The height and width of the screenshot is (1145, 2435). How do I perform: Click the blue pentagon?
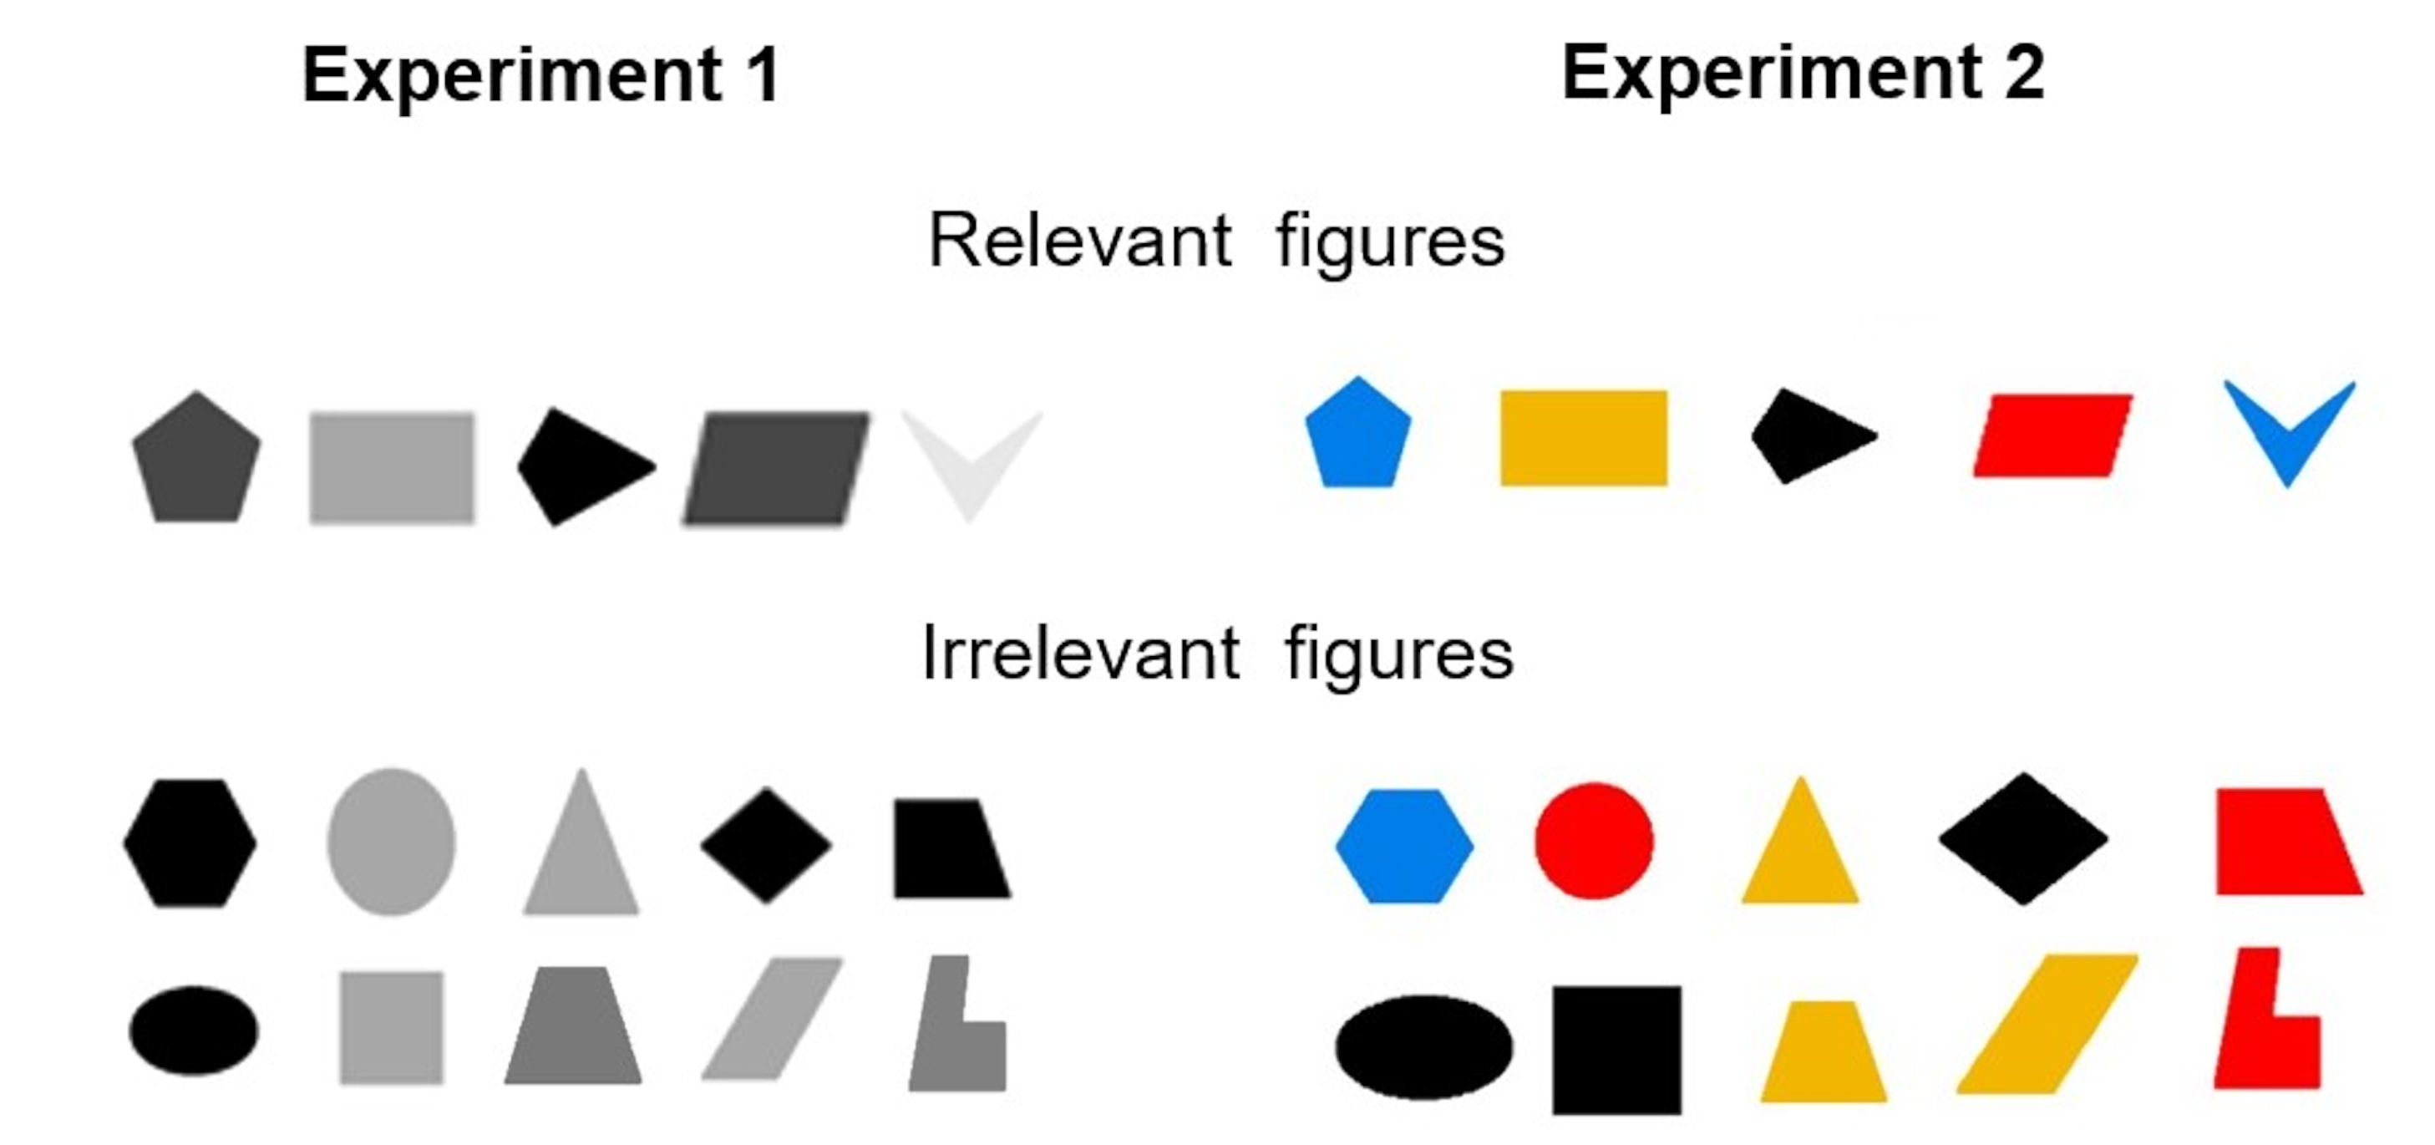1357,437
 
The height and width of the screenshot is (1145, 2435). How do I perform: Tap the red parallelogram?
2052,436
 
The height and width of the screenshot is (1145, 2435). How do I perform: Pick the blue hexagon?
1403,845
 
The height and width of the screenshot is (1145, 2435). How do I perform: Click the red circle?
1594,841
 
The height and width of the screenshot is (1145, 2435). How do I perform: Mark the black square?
1616,1050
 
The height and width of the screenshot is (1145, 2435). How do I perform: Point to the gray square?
391,1027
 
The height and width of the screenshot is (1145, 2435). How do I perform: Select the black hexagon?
190,842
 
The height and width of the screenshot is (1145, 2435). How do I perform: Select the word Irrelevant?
1079,654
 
